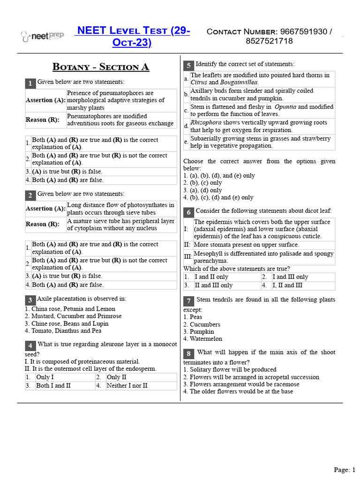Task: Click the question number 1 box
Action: [x=30, y=83]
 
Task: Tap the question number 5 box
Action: [x=188, y=65]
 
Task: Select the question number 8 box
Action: [x=188, y=353]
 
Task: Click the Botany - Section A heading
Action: [x=101, y=67]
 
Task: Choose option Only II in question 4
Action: [x=117, y=377]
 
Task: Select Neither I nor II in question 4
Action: [x=127, y=386]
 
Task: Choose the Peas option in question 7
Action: [x=196, y=317]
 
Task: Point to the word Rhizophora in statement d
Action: [x=206, y=123]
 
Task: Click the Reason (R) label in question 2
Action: [x=43, y=224]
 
